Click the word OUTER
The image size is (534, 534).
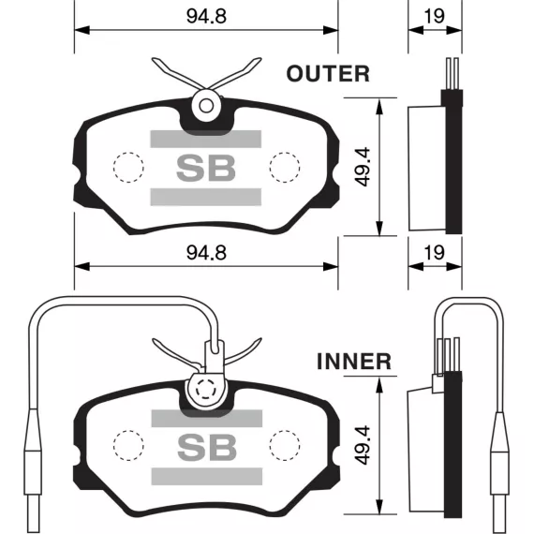(x=328, y=74)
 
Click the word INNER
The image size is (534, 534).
(x=354, y=362)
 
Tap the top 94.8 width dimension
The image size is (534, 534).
(x=206, y=16)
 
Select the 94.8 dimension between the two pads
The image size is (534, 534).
(x=206, y=253)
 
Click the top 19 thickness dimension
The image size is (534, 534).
(x=435, y=16)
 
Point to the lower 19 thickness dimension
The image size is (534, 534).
(x=435, y=253)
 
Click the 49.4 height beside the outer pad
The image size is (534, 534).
(x=362, y=167)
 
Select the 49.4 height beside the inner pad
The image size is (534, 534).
(x=362, y=445)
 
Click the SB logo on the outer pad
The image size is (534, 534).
(x=206, y=168)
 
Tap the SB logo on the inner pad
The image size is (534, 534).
(x=207, y=447)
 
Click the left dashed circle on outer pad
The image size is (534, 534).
(x=128, y=167)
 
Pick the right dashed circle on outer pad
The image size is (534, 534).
(x=285, y=167)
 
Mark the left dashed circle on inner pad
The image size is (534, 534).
(x=128, y=445)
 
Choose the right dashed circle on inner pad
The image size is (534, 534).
(x=285, y=445)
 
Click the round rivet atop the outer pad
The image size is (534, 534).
(x=206, y=106)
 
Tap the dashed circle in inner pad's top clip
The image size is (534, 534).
(x=206, y=389)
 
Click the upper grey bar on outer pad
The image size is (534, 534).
(x=206, y=139)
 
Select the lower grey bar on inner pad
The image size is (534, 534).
(x=207, y=476)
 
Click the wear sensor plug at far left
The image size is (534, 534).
(x=33, y=470)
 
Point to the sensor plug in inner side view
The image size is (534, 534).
(x=500, y=471)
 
